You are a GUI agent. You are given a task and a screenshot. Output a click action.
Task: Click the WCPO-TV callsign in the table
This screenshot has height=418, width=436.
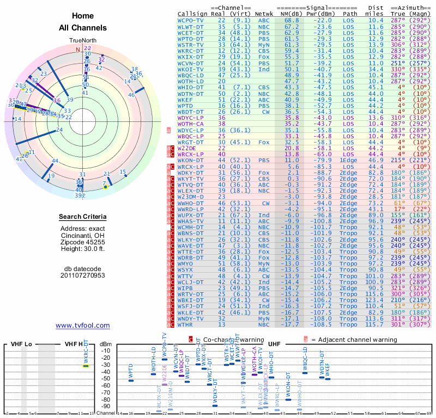pyautogui.click(x=191, y=20)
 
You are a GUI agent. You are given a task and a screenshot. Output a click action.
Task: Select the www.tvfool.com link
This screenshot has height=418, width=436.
pyautogui.click(x=82, y=325)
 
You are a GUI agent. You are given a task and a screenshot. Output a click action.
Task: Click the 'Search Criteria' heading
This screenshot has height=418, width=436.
pyautogui.click(x=82, y=217)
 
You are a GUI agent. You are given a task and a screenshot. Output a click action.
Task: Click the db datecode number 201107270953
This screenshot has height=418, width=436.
pyautogui.click(x=82, y=275)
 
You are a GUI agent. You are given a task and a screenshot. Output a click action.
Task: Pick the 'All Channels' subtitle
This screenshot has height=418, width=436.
pyautogui.click(x=82, y=28)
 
